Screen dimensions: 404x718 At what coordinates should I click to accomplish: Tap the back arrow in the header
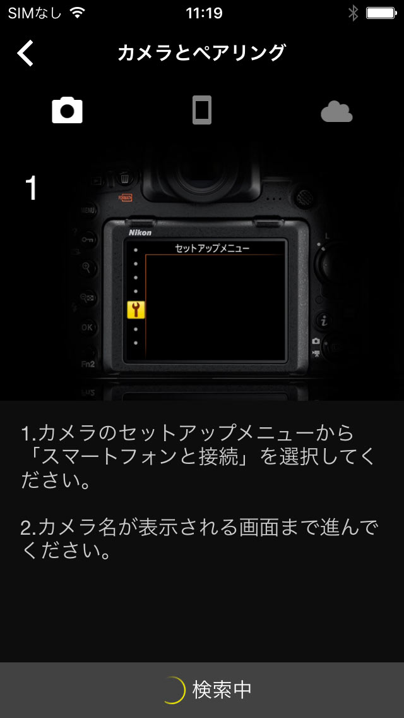[x=26, y=53]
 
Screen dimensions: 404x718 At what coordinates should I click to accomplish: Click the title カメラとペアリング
[x=202, y=53]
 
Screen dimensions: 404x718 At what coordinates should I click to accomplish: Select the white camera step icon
[x=68, y=110]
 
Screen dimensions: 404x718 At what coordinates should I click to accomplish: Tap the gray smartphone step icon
[x=202, y=110]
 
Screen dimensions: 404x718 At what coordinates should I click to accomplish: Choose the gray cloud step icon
[x=336, y=111]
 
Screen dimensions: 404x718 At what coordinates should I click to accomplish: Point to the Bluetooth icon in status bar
[x=353, y=13]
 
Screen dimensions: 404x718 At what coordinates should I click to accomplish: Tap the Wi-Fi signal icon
[x=78, y=13]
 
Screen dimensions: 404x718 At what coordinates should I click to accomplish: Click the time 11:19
[x=204, y=13]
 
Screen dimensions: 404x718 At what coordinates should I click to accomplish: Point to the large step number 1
[x=31, y=188]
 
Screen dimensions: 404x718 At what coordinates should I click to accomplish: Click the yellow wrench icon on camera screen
[x=136, y=310]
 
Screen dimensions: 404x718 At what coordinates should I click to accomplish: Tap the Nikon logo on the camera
[x=140, y=233]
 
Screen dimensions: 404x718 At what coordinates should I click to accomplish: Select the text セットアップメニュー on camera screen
[x=212, y=248]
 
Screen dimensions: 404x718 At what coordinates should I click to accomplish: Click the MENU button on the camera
[x=88, y=210]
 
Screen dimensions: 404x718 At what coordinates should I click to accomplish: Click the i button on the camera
[x=324, y=321]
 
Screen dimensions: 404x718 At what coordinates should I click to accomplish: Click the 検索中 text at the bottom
[x=222, y=690]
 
